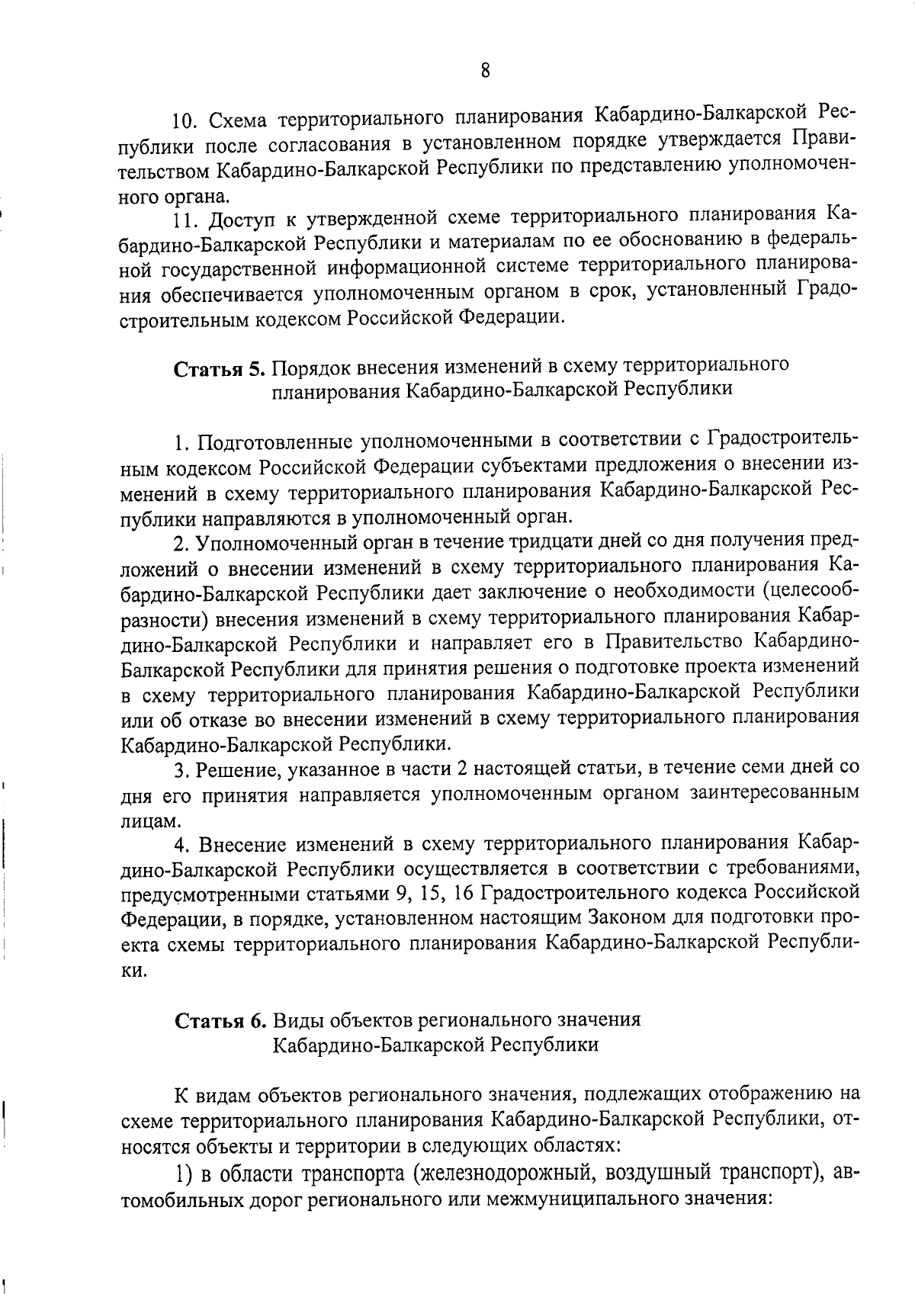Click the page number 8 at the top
tap(485, 71)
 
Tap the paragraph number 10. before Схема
tap(186, 121)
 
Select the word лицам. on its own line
tap(151, 820)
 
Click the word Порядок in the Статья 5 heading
tap(312, 368)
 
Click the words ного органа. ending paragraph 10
tap(170, 197)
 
